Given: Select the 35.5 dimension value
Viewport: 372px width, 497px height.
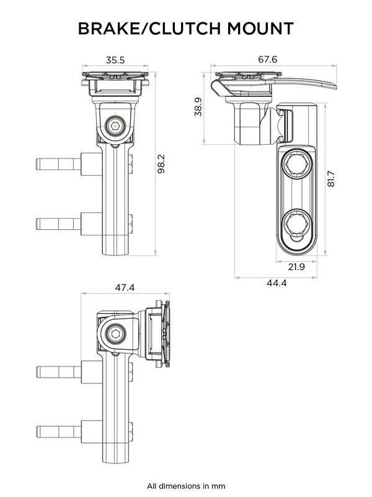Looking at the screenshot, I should tap(115, 60).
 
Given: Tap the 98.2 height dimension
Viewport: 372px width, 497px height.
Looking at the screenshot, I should tap(162, 164).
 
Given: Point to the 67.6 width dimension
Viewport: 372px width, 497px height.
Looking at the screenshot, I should tap(267, 60).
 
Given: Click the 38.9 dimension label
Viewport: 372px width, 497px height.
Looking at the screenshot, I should tap(198, 106).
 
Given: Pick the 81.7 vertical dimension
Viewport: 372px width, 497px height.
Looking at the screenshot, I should tap(331, 180).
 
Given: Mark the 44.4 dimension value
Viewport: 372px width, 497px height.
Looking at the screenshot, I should tap(275, 283).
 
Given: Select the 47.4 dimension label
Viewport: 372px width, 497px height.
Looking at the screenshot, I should tap(124, 288).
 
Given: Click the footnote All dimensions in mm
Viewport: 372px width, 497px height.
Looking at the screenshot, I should tap(186, 486).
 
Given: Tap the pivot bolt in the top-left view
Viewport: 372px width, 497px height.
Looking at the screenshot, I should tap(115, 126).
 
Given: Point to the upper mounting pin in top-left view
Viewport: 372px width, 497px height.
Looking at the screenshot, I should tap(58, 165).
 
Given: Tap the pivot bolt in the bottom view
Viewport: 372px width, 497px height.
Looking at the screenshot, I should tap(115, 334).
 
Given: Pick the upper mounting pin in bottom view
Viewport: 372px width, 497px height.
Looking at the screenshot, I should tap(58, 373).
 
